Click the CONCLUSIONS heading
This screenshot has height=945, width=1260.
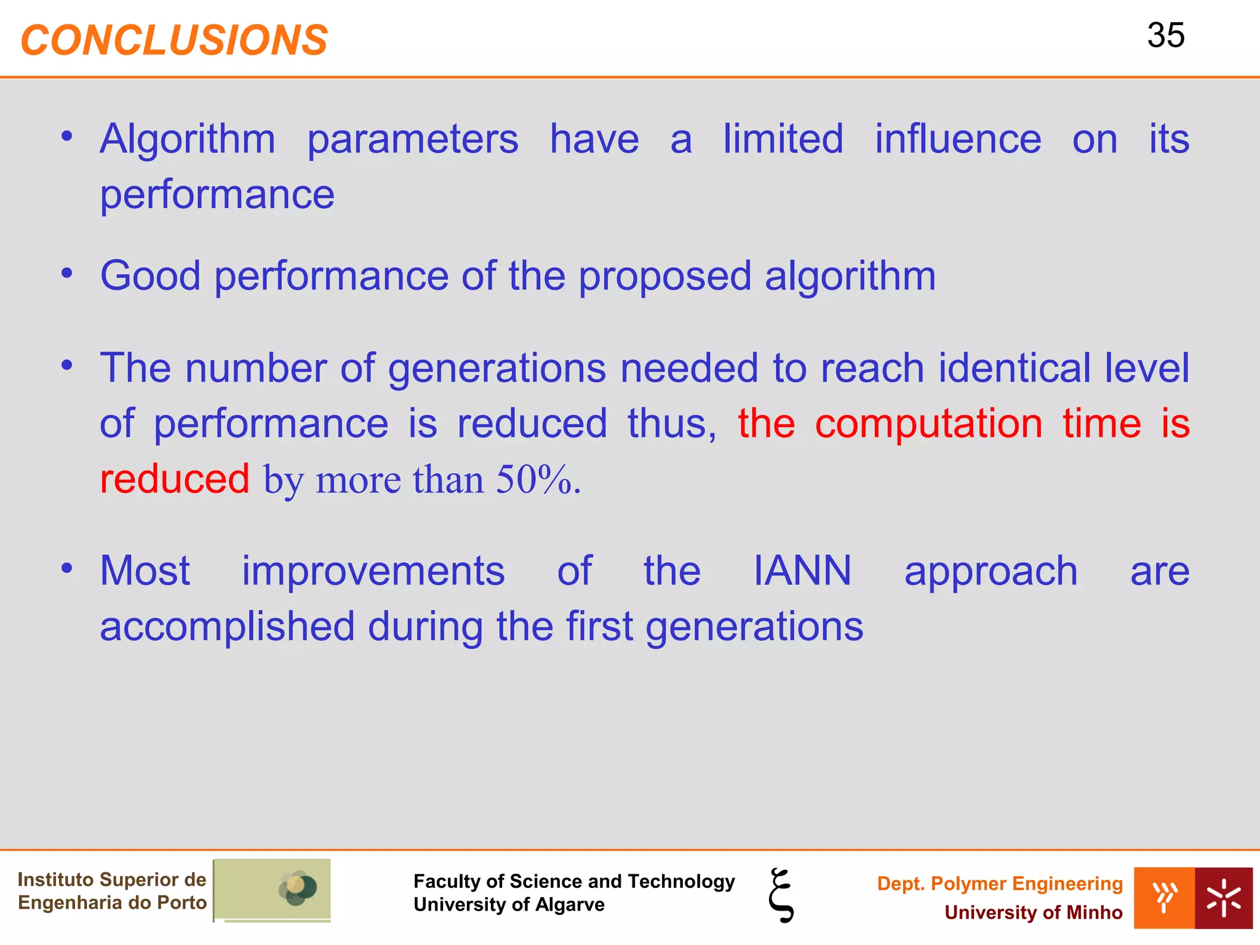(x=174, y=41)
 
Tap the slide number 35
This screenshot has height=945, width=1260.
(x=1165, y=36)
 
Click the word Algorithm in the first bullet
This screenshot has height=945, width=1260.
(x=188, y=139)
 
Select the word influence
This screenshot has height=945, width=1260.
(x=958, y=139)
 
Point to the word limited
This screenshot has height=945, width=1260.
(x=783, y=139)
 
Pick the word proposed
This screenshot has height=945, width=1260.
(x=664, y=277)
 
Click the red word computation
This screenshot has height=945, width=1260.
(x=928, y=424)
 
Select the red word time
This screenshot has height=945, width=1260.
(x=1101, y=424)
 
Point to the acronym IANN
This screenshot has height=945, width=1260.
(x=802, y=571)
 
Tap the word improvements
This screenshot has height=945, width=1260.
(x=373, y=571)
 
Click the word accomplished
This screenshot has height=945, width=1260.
(x=227, y=627)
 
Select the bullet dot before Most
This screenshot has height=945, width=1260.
(x=67, y=568)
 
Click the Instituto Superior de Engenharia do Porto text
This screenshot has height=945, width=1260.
(x=112, y=891)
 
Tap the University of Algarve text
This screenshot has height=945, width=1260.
(x=509, y=904)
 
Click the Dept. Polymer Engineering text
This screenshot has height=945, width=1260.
(x=999, y=883)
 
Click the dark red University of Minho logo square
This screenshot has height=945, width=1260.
(x=1223, y=898)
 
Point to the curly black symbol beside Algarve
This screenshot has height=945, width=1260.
(x=781, y=895)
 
